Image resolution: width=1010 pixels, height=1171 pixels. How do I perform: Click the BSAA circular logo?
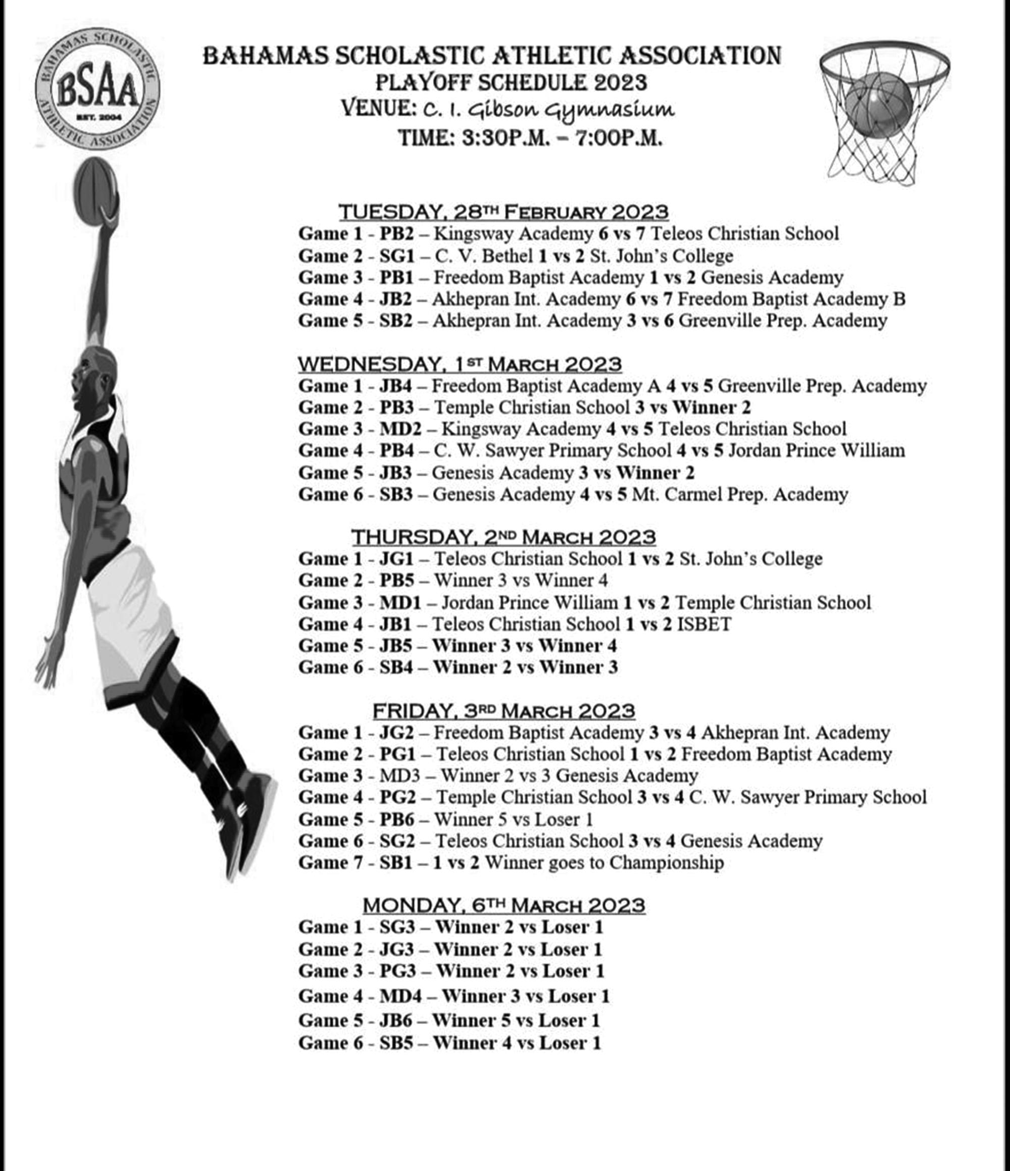click(98, 89)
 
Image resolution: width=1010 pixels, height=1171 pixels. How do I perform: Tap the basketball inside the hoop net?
click(878, 106)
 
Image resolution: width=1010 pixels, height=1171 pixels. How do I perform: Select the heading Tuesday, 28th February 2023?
click(503, 213)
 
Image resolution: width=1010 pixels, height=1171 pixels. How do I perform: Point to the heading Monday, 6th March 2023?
click(503, 905)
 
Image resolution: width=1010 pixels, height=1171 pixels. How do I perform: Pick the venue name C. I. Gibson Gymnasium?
click(549, 110)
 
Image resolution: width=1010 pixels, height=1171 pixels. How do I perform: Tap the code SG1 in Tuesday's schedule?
click(397, 256)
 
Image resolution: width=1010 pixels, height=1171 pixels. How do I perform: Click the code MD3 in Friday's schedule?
click(399, 776)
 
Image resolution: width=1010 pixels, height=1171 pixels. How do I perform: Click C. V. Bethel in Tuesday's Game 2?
click(483, 256)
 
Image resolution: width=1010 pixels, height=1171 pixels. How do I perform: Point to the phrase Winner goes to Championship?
click(604, 862)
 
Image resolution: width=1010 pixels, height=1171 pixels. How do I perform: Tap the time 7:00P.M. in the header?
click(619, 138)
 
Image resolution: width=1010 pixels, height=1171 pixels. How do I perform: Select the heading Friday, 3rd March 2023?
click(503, 710)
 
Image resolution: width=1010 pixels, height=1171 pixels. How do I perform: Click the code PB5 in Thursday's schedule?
click(397, 580)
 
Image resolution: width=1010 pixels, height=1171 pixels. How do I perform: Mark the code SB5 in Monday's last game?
click(396, 1043)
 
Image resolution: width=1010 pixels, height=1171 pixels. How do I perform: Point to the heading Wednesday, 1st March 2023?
click(460, 365)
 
